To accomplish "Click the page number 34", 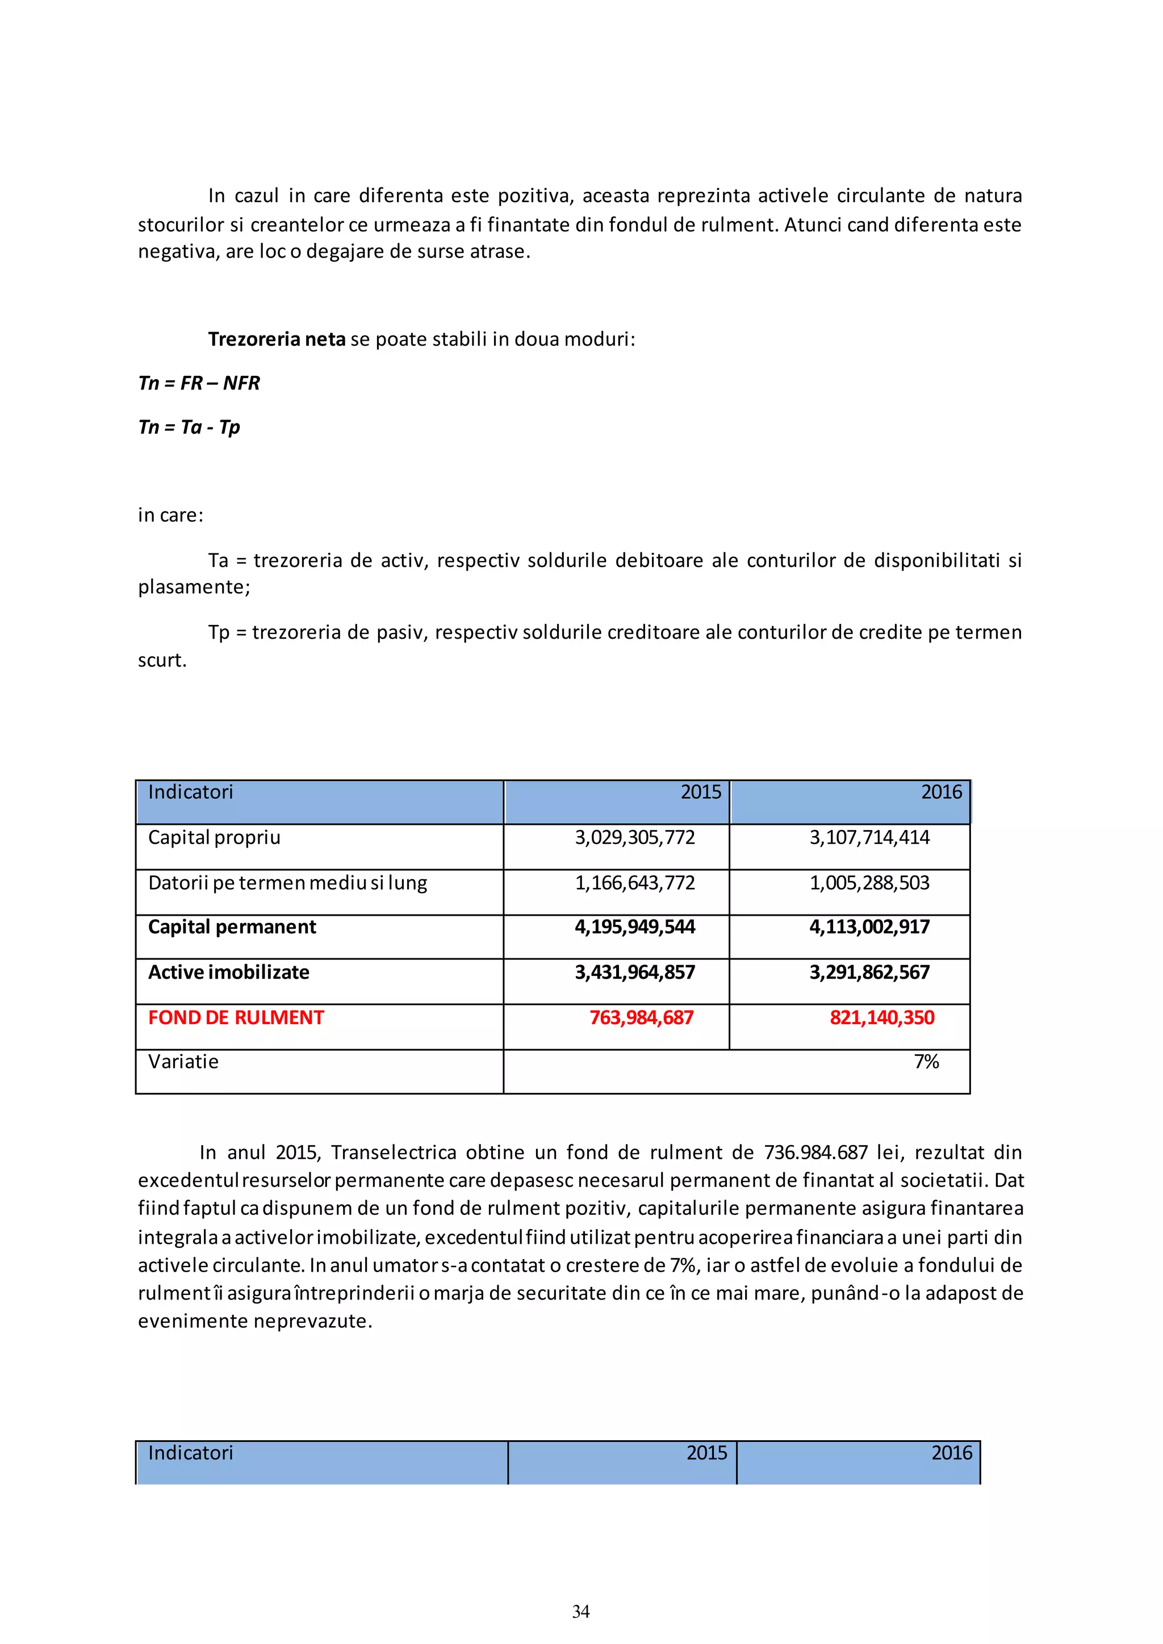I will click(x=581, y=1611).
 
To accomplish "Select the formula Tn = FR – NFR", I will click(x=199, y=383).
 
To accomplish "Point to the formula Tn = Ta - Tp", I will click(x=189, y=427).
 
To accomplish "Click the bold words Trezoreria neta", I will click(x=277, y=339).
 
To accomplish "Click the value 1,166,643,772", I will click(x=634, y=882).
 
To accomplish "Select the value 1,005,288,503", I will click(x=869, y=882).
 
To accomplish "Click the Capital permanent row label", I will click(x=232, y=926).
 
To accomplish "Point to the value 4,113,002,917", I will click(x=869, y=926).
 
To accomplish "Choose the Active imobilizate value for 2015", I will click(x=634, y=972).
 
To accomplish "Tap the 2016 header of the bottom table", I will click(x=951, y=1453).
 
